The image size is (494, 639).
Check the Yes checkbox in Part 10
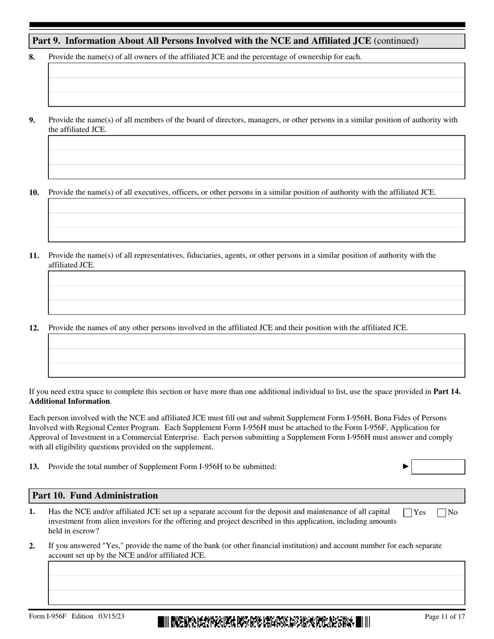pyautogui.click(x=408, y=513)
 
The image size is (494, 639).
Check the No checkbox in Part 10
pyautogui.click(x=442, y=513)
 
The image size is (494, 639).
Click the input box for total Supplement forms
pyautogui.click(x=438, y=467)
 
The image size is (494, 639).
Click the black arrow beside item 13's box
pyautogui.click(x=406, y=467)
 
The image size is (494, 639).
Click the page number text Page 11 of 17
pyautogui.click(x=445, y=617)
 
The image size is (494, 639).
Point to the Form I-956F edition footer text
pyautogui.click(x=76, y=617)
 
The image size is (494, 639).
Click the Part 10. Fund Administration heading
pyautogui.click(x=95, y=495)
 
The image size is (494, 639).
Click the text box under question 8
pyautogui.click(x=256, y=85)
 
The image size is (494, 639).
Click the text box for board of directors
pyautogui.click(x=256, y=157)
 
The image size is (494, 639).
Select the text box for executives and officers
pyautogui.click(x=256, y=220)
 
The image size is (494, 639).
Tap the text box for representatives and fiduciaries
pyautogui.click(x=256, y=292)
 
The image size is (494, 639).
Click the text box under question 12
pyautogui.click(x=256, y=355)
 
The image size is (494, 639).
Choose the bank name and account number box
pyautogui.click(x=256, y=582)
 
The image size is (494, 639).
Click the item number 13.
pyautogui.click(x=34, y=467)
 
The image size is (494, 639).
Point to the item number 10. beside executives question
pyautogui.click(x=34, y=193)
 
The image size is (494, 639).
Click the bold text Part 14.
pyautogui.click(x=447, y=391)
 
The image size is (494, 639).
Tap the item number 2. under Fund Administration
pyautogui.click(x=32, y=545)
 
